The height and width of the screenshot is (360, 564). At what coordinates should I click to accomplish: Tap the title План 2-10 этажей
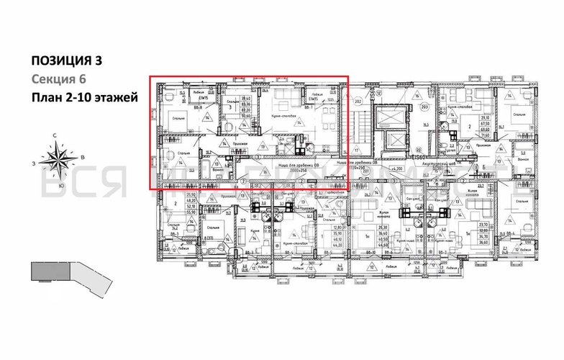(x=84, y=98)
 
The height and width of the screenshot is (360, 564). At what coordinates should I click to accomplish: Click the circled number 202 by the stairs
(x=358, y=102)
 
